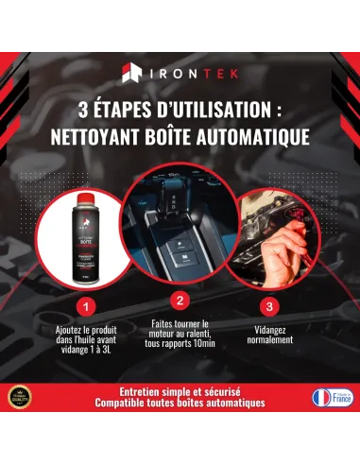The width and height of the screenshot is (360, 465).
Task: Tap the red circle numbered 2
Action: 180,301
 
